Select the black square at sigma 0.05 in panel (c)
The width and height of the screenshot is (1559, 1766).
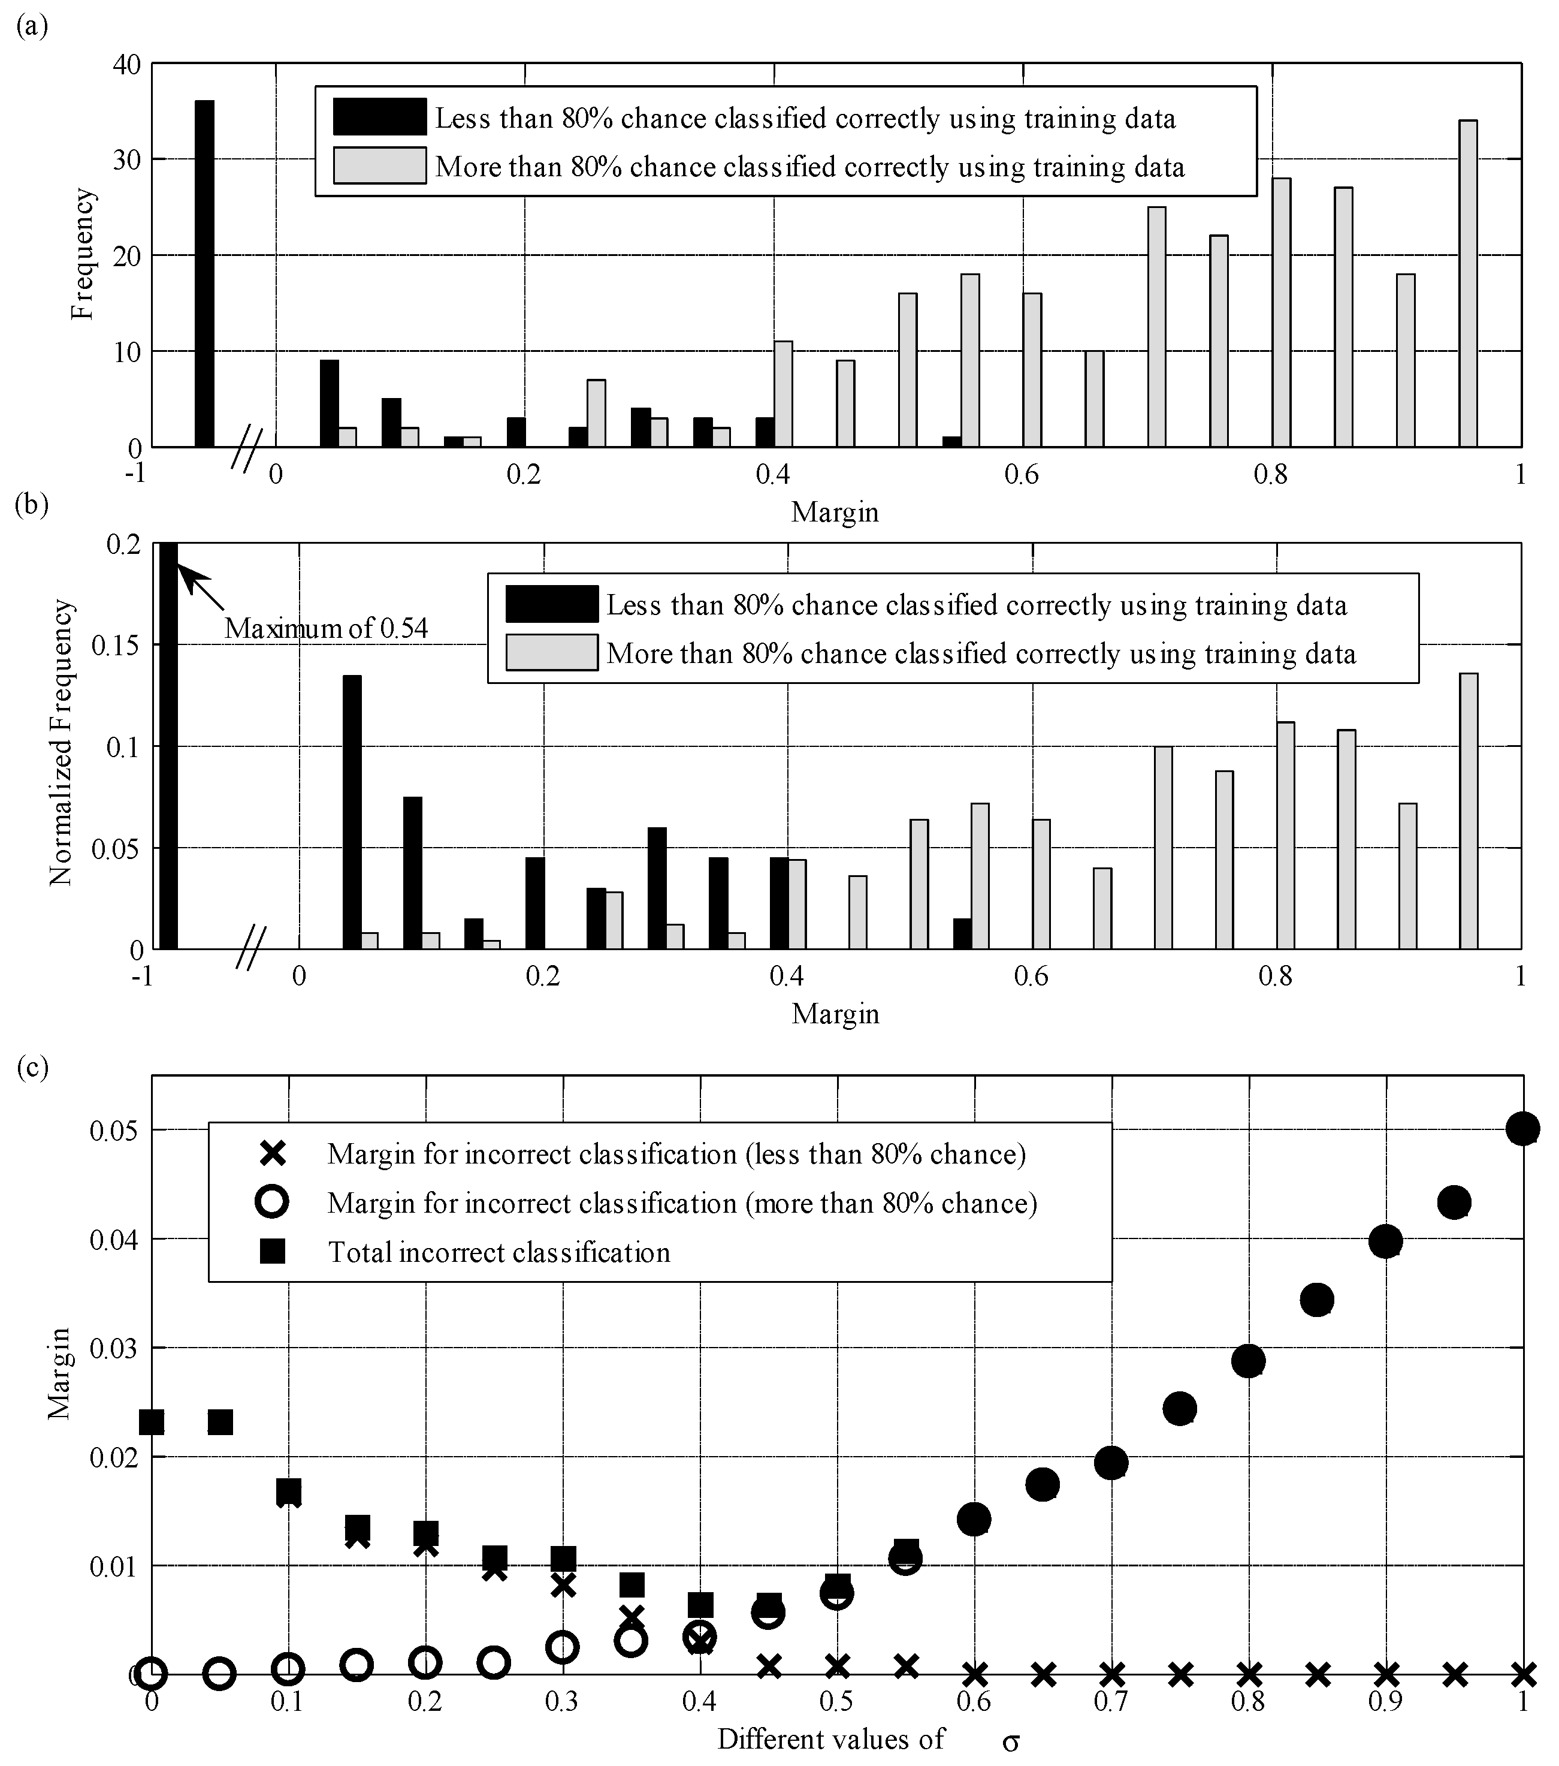click(220, 1422)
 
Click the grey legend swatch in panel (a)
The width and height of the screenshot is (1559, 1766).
click(379, 165)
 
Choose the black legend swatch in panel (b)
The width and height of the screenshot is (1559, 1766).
click(551, 604)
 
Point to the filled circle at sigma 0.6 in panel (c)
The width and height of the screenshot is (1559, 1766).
click(974, 1519)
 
